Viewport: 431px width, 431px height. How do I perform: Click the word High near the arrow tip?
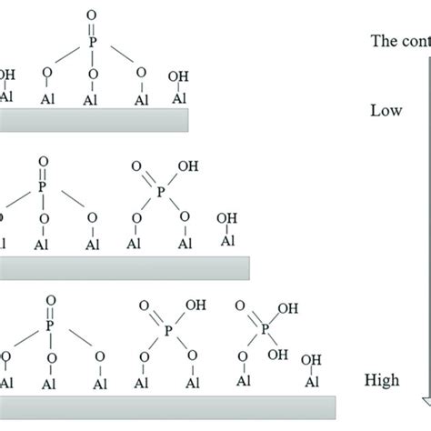386,377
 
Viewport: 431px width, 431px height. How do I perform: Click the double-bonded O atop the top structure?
91,14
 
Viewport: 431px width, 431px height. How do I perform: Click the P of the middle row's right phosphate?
161,192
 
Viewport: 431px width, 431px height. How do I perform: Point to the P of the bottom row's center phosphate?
168,332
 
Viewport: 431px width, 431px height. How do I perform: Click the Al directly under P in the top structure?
91,95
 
